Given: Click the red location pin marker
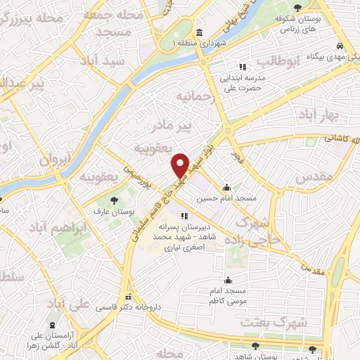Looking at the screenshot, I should point(180,164).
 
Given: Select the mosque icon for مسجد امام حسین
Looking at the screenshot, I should point(226,188).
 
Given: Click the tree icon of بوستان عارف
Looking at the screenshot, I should point(114,201).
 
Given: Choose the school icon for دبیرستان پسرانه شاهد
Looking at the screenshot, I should point(184,216).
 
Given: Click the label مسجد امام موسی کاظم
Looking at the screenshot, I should point(226,296).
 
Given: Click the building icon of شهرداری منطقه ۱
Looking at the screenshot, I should point(200,32).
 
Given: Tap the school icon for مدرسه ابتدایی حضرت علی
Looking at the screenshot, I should point(243,67).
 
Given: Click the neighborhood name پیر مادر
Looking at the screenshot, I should point(172,126).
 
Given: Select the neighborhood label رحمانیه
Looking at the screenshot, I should point(194,96).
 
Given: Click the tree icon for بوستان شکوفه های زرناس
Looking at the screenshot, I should point(300,7).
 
